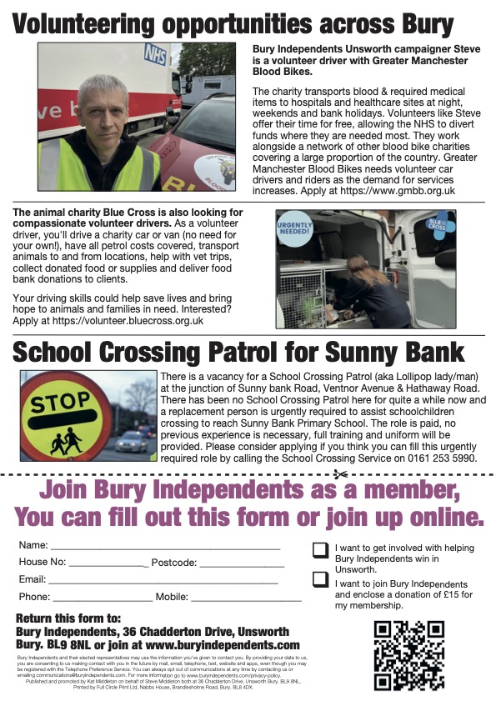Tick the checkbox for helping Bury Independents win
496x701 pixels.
(320, 550)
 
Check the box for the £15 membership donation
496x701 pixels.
(320, 579)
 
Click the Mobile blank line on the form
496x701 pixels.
(247, 598)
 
